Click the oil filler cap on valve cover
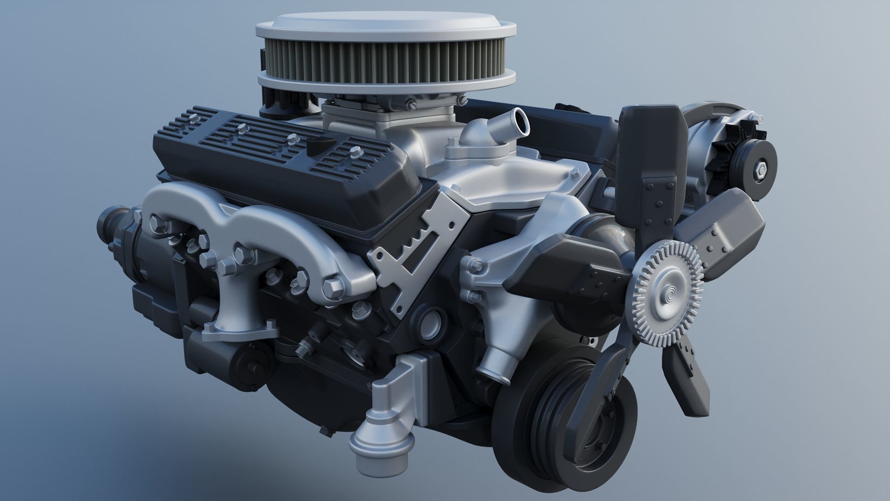coord(317,146)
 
